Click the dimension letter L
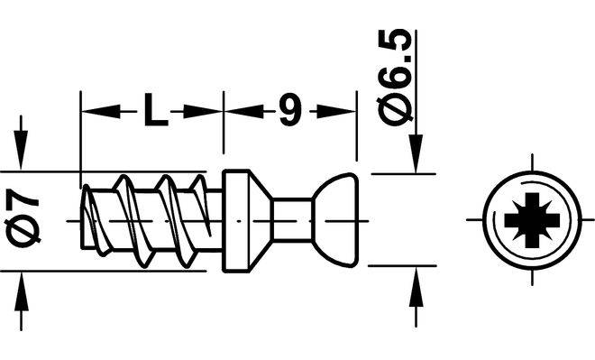click(156, 110)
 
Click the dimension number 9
click(290, 110)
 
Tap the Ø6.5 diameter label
click(395, 77)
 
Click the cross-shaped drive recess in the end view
click(532, 220)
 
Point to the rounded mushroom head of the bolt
click(337, 220)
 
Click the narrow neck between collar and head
click(292, 220)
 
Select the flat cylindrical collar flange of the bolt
click(235, 221)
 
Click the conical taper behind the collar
click(261, 221)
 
